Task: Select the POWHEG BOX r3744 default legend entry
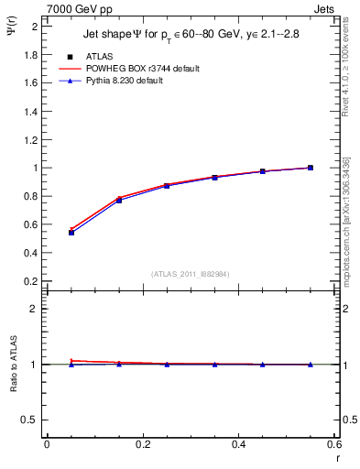tap(143, 69)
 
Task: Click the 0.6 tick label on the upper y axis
tap(29, 224)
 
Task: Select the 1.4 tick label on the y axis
tap(29, 112)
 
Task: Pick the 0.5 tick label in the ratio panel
tap(29, 420)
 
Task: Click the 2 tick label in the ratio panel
tap(34, 309)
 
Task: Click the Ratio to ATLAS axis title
tap(13, 364)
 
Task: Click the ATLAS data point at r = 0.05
tap(71, 233)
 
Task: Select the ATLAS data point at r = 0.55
tap(311, 168)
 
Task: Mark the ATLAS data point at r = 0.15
tap(119, 200)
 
